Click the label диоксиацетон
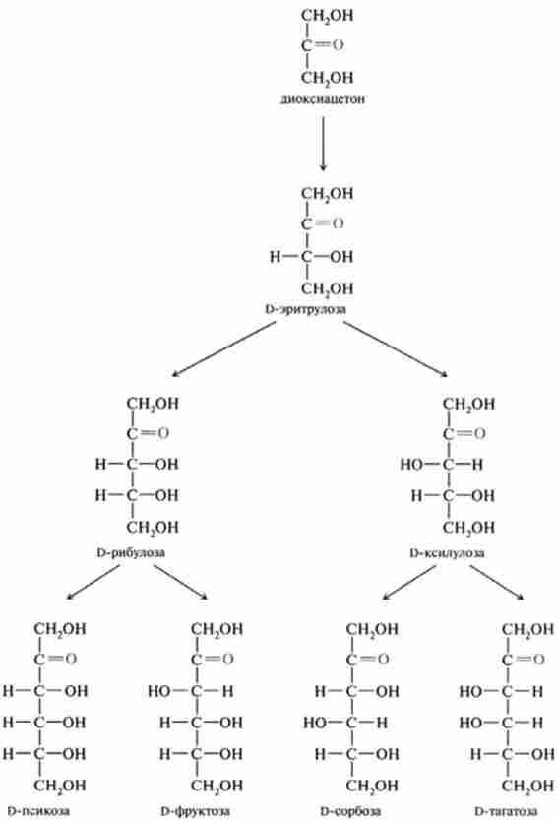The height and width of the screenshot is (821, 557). [323, 99]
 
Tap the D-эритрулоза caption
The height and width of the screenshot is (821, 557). [306, 309]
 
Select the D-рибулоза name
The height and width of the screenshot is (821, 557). [131, 553]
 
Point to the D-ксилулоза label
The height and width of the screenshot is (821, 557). [447, 553]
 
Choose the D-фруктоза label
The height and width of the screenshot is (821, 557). [195, 811]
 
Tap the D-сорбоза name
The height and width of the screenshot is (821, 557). [350, 811]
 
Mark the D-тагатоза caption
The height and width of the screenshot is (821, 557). [506, 811]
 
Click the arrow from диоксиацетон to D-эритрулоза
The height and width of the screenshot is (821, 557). [323, 144]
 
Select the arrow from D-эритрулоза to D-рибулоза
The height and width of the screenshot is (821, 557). [224, 348]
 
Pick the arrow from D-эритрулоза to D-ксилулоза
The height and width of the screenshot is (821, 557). [396, 348]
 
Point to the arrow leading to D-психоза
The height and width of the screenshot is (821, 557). [93, 582]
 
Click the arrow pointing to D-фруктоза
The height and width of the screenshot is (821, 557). [181, 582]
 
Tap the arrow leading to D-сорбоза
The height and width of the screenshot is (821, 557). [409, 582]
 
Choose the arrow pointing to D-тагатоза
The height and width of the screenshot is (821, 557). [497, 582]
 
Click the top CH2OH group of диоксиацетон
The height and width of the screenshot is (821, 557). [327, 16]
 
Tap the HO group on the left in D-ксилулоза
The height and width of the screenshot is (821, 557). [411, 465]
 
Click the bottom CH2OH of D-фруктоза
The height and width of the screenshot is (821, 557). [217, 786]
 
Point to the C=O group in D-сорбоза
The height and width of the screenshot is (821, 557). [367, 660]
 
